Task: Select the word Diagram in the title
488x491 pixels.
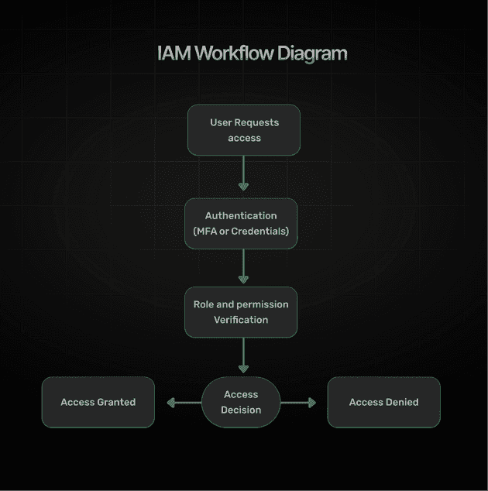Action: (x=309, y=53)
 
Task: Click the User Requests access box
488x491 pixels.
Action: (x=244, y=130)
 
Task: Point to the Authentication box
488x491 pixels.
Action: (x=241, y=223)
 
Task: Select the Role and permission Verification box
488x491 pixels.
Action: (x=241, y=312)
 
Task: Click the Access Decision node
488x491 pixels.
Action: (x=241, y=402)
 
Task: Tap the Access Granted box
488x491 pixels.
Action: (x=98, y=402)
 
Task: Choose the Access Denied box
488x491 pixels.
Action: (x=383, y=402)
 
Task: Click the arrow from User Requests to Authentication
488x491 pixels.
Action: (x=244, y=173)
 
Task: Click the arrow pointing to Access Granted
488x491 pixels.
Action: (x=183, y=403)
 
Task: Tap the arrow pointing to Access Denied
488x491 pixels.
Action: (x=299, y=403)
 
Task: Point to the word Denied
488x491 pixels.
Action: (x=401, y=402)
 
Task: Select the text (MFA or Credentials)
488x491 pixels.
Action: (x=241, y=231)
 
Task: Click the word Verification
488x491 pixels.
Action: (x=241, y=320)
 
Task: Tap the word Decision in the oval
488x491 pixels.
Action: (x=241, y=410)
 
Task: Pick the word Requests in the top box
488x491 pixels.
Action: (x=256, y=122)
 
